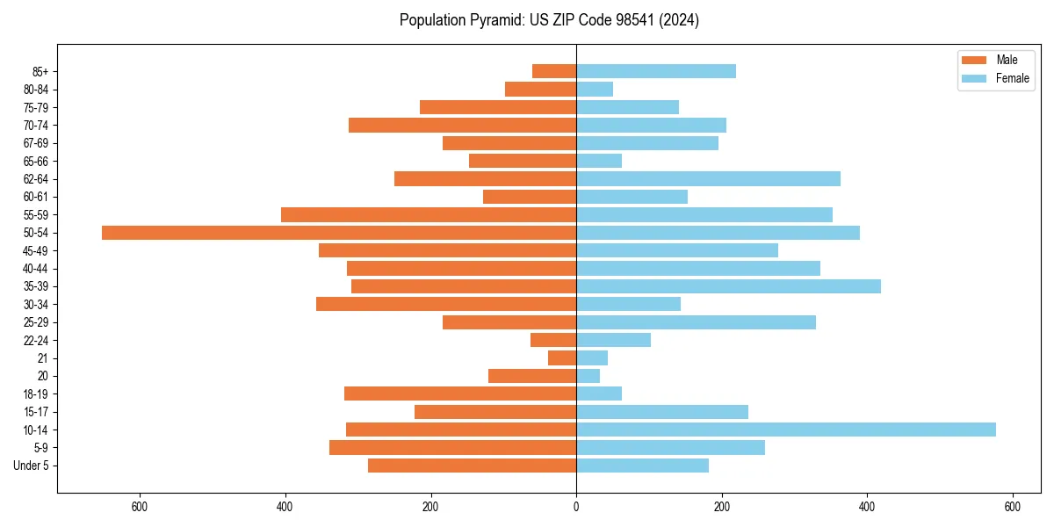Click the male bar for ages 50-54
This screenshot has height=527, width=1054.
click(339, 233)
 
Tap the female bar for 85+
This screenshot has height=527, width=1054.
click(656, 71)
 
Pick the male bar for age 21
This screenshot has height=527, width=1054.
click(562, 358)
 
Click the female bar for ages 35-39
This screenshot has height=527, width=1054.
click(728, 286)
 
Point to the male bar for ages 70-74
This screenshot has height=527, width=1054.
click(462, 126)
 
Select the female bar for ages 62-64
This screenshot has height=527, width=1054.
click(708, 179)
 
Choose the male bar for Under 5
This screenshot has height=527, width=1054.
click(472, 466)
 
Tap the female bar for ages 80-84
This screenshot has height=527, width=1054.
click(595, 90)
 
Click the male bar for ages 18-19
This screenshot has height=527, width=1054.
click(460, 393)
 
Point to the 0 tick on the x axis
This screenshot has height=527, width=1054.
click(576, 507)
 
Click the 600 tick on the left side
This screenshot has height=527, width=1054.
click(139, 507)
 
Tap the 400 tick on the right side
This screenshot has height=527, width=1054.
click(867, 507)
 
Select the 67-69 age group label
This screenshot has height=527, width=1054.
click(36, 143)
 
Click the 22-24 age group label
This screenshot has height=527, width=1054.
click(36, 341)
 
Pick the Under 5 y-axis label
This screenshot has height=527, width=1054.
click(32, 466)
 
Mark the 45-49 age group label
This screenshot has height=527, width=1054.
click(36, 251)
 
